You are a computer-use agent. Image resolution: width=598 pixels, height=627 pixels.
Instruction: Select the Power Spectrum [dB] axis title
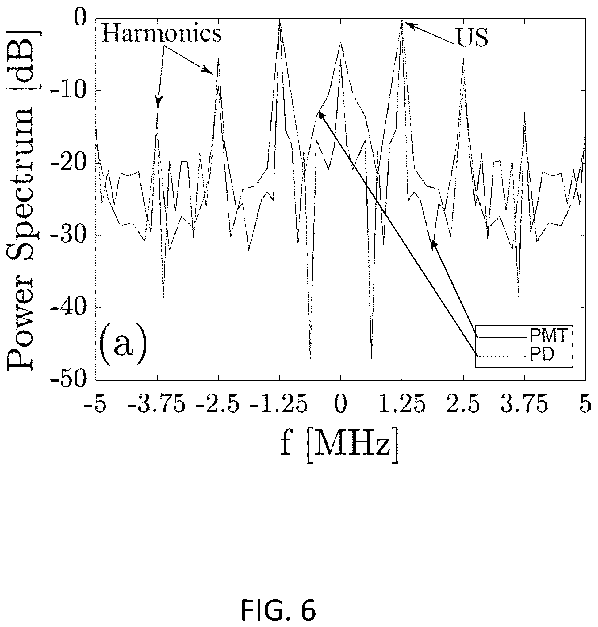(21, 200)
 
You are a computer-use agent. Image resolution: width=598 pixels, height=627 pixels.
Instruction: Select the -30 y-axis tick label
(70, 235)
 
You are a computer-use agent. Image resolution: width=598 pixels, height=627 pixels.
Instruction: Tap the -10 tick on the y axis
(70, 91)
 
